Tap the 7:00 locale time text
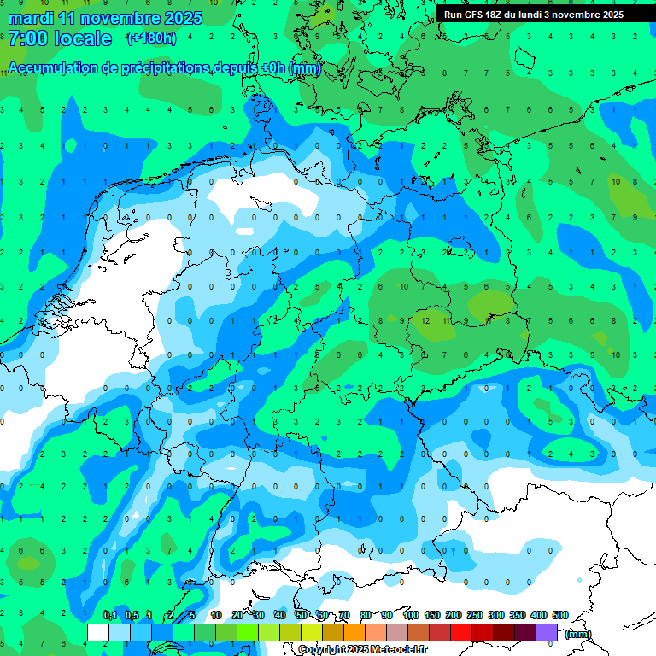[60, 38]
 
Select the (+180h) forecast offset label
[150, 38]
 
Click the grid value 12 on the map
[425, 319]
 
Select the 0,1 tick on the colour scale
[109, 615]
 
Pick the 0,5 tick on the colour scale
[131, 615]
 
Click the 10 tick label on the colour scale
[216, 615]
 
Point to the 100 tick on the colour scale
[410, 615]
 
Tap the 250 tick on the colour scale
[474, 615]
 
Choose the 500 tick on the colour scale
[559, 615]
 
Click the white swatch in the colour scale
[98, 631]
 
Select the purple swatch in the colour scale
[547, 631]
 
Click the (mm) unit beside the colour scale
[578, 634]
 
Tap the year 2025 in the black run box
[607, 15]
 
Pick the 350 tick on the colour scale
[517, 615]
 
